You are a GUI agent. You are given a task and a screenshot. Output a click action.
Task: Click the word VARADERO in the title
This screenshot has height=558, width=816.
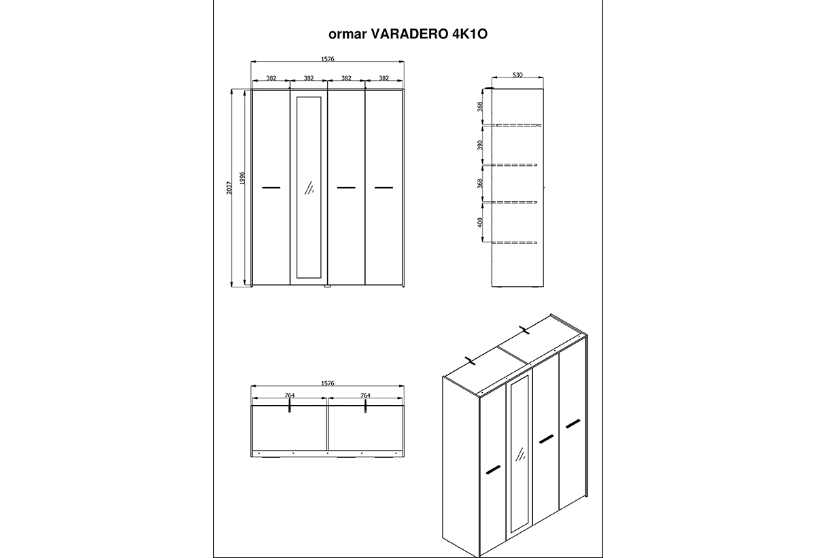point(409,34)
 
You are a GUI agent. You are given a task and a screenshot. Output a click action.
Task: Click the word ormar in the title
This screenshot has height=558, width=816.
point(347,35)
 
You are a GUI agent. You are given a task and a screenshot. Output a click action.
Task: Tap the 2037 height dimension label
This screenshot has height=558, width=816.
point(229,188)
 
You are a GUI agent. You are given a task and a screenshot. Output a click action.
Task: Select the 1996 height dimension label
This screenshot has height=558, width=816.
point(243,178)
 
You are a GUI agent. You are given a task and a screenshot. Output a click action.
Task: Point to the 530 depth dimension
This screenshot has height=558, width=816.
point(517,75)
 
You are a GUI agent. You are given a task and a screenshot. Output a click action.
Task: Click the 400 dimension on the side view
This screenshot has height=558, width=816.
point(480,222)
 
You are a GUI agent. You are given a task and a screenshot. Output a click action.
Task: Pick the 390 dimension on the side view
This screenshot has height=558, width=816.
point(480,145)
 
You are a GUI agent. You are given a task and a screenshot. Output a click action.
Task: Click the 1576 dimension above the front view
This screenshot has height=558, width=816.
point(328,59)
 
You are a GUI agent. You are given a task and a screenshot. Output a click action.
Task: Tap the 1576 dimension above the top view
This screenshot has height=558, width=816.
point(328,383)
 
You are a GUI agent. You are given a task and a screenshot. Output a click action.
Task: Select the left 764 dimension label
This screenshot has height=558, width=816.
point(290,395)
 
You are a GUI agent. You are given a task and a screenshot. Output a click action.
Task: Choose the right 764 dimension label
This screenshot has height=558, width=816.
point(365,395)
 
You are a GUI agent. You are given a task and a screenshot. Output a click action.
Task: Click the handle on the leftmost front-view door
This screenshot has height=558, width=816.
point(271,188)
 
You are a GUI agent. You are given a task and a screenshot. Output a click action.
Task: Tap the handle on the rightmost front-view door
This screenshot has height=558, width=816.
point(384,188)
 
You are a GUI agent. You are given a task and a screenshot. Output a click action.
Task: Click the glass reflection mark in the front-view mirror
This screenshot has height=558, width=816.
point(309,188)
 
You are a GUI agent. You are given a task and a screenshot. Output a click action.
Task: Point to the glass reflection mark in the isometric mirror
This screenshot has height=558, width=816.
point(520,454)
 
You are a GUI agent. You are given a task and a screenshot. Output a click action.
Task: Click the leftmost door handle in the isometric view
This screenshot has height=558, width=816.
point(493,470)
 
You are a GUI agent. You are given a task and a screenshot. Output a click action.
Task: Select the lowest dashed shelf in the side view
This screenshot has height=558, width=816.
point(514,243)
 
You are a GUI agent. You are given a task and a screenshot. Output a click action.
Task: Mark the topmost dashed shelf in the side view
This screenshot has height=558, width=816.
point(517,125)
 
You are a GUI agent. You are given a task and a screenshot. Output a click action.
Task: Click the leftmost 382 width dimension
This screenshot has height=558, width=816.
point(271,78)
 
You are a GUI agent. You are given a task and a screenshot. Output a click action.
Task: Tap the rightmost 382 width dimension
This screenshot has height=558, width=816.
point(384,78)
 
